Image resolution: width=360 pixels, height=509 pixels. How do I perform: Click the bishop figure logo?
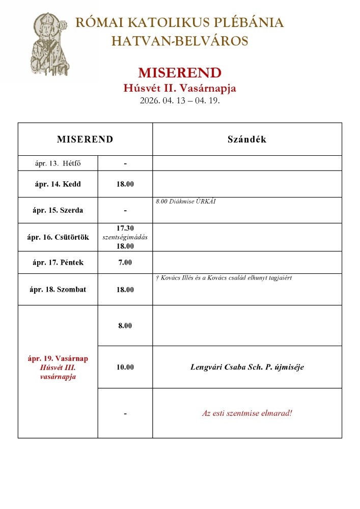[48, 46]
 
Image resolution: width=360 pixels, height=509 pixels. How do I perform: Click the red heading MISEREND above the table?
[180, 72]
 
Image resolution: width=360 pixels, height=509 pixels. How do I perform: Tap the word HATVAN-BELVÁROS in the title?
[180, 41]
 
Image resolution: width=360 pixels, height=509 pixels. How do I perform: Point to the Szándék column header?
[246, 139]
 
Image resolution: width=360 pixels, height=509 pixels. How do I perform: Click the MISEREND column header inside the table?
[85, 139]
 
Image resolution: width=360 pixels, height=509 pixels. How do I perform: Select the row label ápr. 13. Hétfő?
[58, 163]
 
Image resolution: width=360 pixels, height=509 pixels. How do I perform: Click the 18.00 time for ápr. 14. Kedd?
[125, 184]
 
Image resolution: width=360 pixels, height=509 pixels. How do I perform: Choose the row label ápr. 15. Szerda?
[58, 210]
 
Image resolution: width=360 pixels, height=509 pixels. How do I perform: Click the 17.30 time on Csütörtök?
[125, 229]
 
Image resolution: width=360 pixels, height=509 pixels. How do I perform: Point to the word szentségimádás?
[125, 237]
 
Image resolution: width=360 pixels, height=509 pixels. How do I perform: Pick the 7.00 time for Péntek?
[125, 263]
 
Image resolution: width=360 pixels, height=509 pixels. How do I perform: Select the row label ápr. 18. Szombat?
[58, 289]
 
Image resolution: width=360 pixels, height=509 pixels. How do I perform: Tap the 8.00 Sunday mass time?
[125, 325]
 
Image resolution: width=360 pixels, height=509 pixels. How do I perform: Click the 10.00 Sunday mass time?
[125, 366]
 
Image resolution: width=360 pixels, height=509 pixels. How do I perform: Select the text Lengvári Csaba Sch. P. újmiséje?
[246, 366]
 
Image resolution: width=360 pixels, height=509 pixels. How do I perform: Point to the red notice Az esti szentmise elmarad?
[246, 413]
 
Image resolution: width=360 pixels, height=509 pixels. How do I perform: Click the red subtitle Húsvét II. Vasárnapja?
[180, 88]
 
